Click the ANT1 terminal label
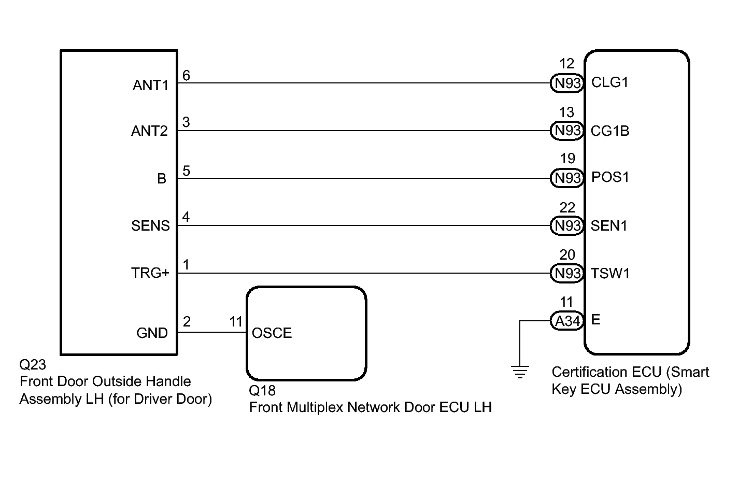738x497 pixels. coord(151,86)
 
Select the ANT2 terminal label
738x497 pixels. coord(149,131)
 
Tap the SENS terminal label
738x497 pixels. coord(151,226)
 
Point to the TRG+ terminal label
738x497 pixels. coord(150,273)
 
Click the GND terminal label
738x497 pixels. coord(152,333)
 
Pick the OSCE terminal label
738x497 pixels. coord(272,333)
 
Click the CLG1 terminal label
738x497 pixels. coord(610,82)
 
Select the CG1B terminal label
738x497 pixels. coord(610,131)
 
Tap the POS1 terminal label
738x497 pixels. coord(610,177)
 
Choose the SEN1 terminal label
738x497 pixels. coord(609,226)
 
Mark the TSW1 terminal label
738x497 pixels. coord(610,273)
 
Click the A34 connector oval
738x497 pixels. coord(567,321)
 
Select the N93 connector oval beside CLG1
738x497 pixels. coord(567,83)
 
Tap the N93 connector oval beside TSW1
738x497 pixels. coord(567,273)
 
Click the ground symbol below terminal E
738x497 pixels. coord(520,372)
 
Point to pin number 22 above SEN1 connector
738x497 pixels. coord(567,207)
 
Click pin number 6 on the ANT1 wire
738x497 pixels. coord(186,76)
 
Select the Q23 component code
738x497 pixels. coord(33,365)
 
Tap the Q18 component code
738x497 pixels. coord(262,391)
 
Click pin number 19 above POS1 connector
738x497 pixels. coord(567,159)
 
